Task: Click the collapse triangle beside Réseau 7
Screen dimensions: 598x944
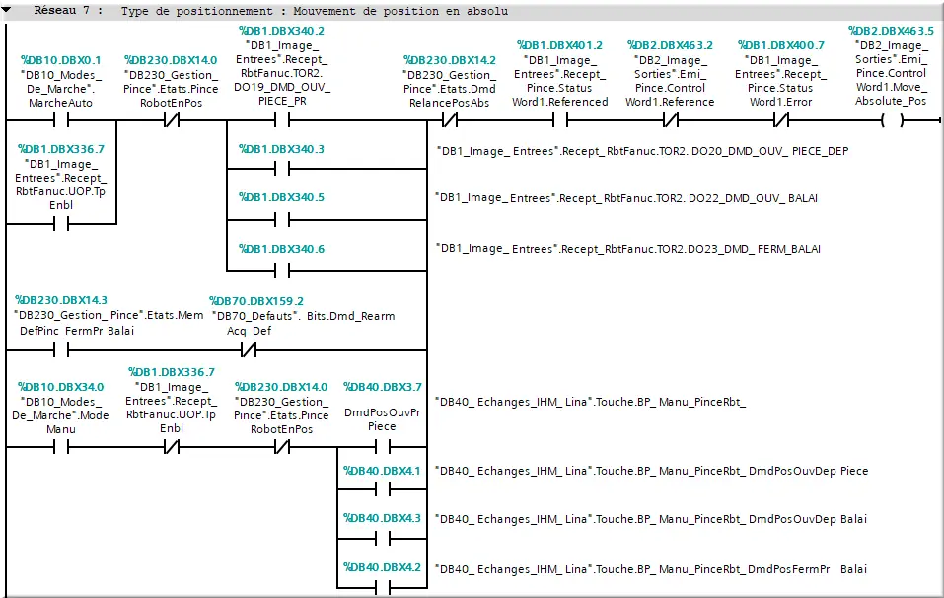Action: pos(9,11)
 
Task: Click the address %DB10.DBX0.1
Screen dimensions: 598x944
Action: pos(61,59)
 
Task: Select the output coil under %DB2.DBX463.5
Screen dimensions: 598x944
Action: pos(892,121)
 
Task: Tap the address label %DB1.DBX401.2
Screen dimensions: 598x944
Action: pos(559,45)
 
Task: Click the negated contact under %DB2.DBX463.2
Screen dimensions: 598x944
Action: pos(670,121)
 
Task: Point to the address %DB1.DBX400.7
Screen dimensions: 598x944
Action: pos(780,45)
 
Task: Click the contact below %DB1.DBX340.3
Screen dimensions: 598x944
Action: pos(280,169)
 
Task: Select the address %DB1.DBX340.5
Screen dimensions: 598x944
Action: pos(281,197)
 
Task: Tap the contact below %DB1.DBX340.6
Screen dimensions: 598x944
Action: pos(280,267)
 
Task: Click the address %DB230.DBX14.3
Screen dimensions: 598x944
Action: pos(61,299)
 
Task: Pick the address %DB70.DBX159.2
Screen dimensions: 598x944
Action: pos(257,301)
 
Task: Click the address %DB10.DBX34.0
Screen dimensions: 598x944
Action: pos(61,386)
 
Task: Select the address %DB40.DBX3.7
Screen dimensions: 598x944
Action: pos(382,387)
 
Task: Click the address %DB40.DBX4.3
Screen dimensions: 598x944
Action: pos(382,518)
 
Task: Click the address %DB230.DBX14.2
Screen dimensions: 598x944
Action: pos(449,59)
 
